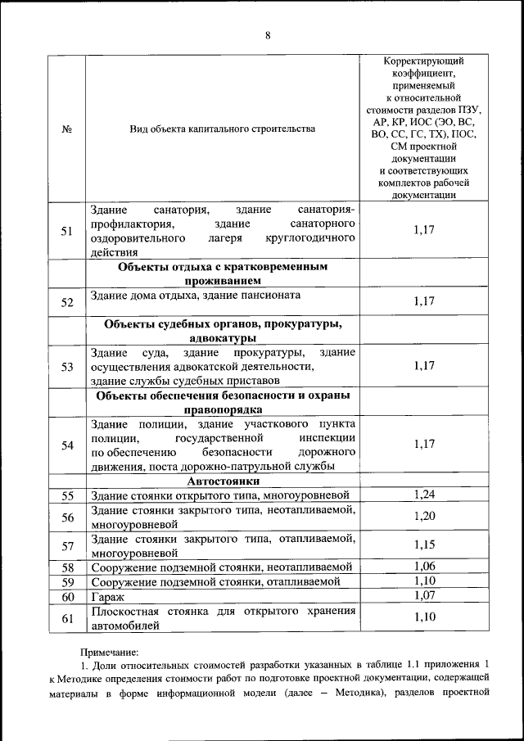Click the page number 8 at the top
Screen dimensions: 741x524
[x=267, y=34]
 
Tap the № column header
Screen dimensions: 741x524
[x=67, y=129]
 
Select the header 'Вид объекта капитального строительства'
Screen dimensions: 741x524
[x=222, y=129]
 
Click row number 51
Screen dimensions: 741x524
[x=67, y=231]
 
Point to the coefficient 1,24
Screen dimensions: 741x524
[x=423, y=494]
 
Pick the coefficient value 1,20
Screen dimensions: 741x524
[x=423, y=516]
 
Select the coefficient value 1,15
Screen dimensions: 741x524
[x=423, y=545]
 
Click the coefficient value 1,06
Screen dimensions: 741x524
[x=423, y=566]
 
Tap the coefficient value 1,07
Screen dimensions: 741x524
[x=423, y=595]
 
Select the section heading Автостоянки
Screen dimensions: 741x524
[x=223, y=481]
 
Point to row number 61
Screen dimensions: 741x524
[x=67, y=618]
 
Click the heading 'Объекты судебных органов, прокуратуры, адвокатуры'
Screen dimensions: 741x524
[x=223, y=331]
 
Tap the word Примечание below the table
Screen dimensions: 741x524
[x=109, y=653]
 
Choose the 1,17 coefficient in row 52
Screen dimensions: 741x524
[x=423, y=301]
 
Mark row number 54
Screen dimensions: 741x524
[x=67, y=445]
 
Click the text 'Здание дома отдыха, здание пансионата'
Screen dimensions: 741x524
[x=196, y=295]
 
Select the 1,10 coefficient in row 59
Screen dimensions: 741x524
[x=423, y=581]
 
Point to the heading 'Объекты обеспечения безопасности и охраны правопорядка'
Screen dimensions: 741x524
[x=223, y=402]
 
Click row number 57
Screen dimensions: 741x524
[x=67, y=546]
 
